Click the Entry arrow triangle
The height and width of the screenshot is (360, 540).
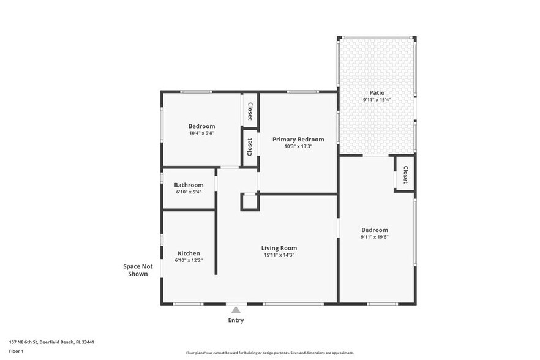236,310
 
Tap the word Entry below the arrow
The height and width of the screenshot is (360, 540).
236,320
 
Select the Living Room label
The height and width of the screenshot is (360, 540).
279,248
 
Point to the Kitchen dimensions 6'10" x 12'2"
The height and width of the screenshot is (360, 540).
189,260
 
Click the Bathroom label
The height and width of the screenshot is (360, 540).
189,185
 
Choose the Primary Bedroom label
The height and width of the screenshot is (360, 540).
298,140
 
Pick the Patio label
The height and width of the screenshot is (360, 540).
377,92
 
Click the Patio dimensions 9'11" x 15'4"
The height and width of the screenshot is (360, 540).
377,100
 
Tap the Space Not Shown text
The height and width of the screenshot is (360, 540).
138,270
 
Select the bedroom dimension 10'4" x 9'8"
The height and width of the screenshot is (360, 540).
202,133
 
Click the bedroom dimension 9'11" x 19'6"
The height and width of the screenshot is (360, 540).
375,237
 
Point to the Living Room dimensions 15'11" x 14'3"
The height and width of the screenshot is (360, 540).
279,255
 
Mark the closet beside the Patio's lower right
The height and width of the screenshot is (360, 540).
405,173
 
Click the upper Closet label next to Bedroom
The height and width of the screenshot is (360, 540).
250,111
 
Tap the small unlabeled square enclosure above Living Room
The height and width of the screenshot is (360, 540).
250,202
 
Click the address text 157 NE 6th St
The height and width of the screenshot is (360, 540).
23,342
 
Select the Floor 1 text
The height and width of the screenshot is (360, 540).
16,351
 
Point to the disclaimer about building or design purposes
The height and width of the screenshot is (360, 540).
269,353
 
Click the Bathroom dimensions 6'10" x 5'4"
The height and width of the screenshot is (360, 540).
189,192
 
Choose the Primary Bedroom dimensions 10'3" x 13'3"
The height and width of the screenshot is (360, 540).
298,146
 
